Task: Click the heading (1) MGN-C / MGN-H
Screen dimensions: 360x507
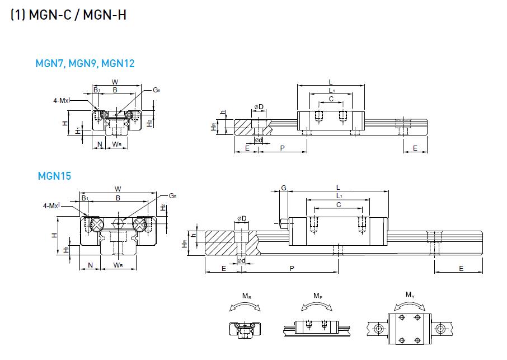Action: pyautogui.click(x=68, y=15)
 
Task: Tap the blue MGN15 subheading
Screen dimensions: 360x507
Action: pyautogui.click(x=54, y=176)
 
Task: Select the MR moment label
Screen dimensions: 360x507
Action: pyautogui.click(x=246, y=296)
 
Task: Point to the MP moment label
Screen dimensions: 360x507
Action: pyautogui.click(x=317, y=296)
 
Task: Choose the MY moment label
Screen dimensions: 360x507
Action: pyautogui.click(x=410, y=294)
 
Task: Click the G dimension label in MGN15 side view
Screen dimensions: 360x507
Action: pyautogui.click(x=284, y=189)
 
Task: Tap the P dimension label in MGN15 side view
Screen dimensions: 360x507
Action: pyautogui.click(x=292, y=269)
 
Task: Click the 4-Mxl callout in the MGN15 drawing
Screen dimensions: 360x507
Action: pyautogui.click(x=51, y=206)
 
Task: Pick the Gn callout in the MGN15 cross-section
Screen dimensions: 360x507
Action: pyautogui.click(x=173, y=195)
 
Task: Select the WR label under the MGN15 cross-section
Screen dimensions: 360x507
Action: pyautogui.click(x=118, y=264)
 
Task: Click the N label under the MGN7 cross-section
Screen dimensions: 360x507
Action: pyautogui.click(x=100, y=144)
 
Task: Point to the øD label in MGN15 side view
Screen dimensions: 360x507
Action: pyautogui.click(x=242, y=218)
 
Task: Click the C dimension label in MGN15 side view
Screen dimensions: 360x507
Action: pyautogui.click(x=338, y=205)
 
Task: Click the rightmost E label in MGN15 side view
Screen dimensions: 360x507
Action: pyautogui.click(x=461, y=269)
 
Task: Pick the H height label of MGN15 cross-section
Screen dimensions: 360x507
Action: pyautogui.click(x=55, y=235)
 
